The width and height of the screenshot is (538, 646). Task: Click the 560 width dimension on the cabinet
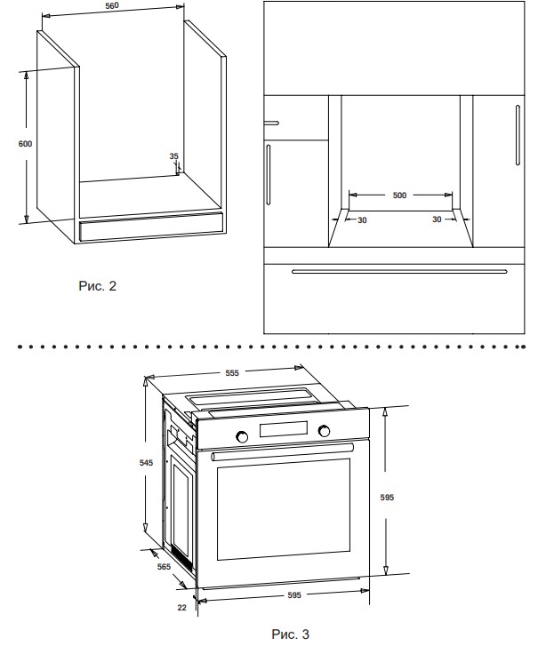click(x=112, y=5)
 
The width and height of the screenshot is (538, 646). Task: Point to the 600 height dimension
click(x=25, y=144)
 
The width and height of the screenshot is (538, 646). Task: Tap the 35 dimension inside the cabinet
click(x=174, y=156)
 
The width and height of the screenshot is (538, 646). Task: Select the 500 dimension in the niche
click(x=399, y=195)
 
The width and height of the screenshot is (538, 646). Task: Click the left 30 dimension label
click(x=362, y=220)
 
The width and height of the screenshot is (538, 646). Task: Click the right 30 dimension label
click(x=437, y=219)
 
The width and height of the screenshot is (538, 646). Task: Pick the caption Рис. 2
click(x=98, y=286)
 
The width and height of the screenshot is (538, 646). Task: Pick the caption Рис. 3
click(x=290, y=634)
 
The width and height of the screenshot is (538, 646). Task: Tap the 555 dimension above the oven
click(x=232, y=373)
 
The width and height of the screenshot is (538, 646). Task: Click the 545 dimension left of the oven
click(x=146, y=463)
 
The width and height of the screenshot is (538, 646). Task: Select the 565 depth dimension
click(x=164, y=567)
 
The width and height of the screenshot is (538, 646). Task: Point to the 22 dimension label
click(x=181, y=608)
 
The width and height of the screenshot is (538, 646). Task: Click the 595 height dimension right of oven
click(x=387, y=498)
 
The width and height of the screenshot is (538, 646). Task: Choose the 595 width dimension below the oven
click(x=294, y=595)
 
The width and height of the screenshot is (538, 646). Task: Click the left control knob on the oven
click(x=242, y=436)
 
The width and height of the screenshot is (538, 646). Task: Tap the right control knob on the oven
click(x=324, y=431)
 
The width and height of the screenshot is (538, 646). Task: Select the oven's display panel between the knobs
click(x=284, y=429)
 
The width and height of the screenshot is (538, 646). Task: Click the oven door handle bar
click(x=283, y=452)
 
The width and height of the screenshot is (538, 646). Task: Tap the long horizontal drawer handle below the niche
click(x=399, y=272)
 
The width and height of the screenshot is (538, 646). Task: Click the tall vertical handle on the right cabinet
click(x=518, y=135)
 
